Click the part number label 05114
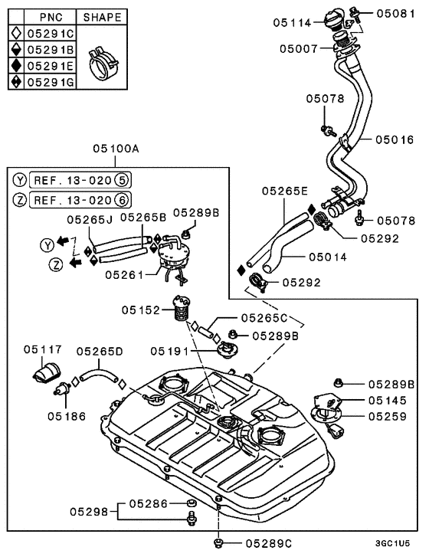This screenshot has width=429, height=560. [x=292, y=23]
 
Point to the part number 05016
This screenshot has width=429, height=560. [x=395, y=139]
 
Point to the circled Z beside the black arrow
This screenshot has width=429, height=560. [x=56, y=264]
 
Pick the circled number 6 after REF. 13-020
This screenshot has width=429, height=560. [x=122, y=200]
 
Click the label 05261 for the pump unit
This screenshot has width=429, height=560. [x=123, y=273]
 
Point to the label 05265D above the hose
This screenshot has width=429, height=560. [x=100, y=352]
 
